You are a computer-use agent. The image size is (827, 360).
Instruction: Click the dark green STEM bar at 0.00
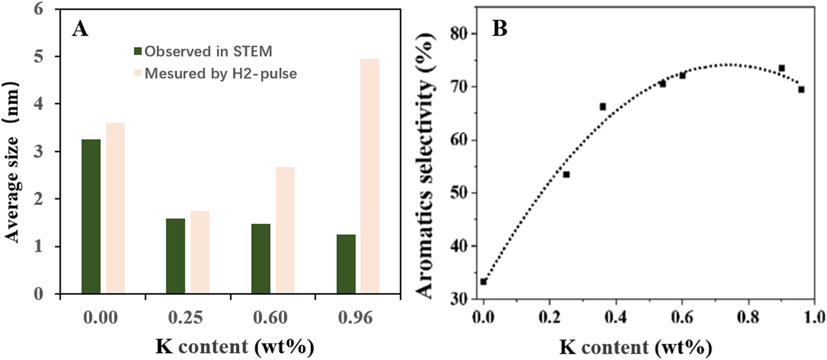click(91, 216)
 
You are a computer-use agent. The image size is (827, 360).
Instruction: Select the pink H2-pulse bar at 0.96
click(370, 176)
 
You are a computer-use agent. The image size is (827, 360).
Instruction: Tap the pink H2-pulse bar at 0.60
click(285, 230)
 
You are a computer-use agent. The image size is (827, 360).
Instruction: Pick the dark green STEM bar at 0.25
click(175, 256)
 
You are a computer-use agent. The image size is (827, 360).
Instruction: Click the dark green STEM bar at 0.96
click(346, 264)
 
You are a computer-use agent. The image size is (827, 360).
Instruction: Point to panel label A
click(80, 29)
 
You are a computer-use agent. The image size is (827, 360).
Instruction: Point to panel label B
click(499, 28)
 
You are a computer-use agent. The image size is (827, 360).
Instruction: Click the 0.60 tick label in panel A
click(270, 317)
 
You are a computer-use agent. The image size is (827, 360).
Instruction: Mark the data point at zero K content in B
click(484, 282)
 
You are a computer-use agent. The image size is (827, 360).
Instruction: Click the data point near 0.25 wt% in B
click(566, 175)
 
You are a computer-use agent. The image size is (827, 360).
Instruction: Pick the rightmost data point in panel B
click(801, 90)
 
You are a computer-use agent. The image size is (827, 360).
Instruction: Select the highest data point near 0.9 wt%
click(782, 68)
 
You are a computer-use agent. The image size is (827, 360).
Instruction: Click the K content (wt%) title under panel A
click(235, 346)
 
